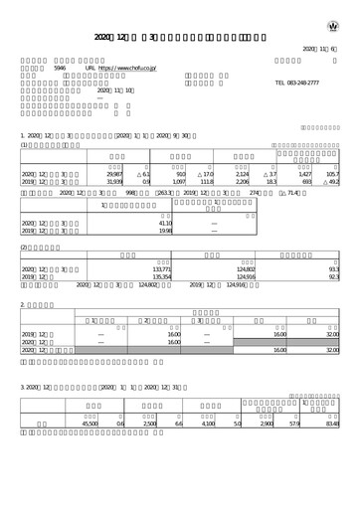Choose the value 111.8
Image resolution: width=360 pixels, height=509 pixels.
[x=207, y=182]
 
